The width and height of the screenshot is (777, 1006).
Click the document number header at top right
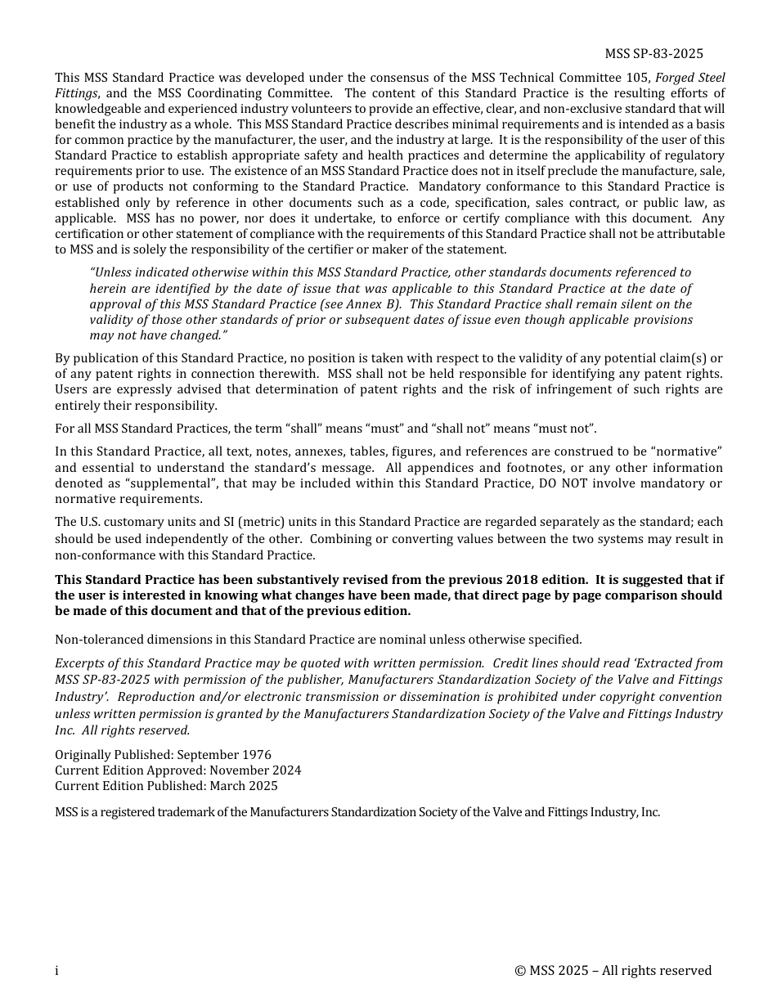pyautogui.click(x=653, y=54)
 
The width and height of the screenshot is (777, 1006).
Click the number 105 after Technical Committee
pyautogui.click(x=641, y=78)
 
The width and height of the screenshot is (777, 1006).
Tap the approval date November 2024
pyautogui.click(x=255, y=770)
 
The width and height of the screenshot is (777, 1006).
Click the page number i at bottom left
pyautogui.click(x=56, y=971)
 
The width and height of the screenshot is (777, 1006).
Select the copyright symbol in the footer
pyautogui.click(x=520, y=971)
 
